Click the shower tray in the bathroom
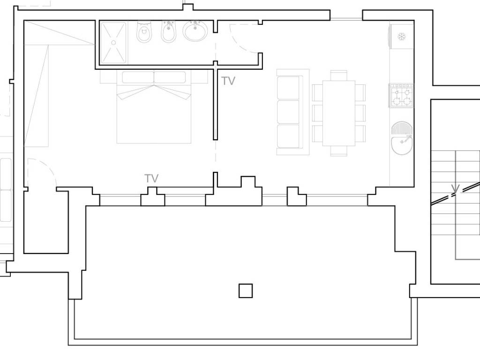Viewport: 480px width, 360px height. click(x=113, y=43)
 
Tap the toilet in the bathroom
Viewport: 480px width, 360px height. click(x=144, y=32)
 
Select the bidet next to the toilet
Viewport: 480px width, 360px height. click(x=168, y=32)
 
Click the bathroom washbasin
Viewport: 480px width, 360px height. click(x=195, y=31)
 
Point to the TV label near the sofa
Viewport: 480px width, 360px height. click(x=228, y=81)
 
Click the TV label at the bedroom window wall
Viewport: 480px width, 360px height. click(x=151, y=178)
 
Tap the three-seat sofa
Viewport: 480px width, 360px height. click(x=293, y=112)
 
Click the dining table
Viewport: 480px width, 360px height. click(x=339, y=113)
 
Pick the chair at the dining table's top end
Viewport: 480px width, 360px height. click(x=339, y=75)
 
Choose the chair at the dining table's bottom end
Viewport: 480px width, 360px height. click(x=339, y=151)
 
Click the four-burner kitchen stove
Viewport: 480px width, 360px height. click(x=401, y=96)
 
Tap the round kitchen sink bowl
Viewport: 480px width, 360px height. click(x=402, y=145)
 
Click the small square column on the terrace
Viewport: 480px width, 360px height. click(x=246, y=291)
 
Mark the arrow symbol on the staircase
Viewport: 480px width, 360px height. click(x=455, y=188)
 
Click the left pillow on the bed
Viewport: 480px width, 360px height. click(x=138, y=77)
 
